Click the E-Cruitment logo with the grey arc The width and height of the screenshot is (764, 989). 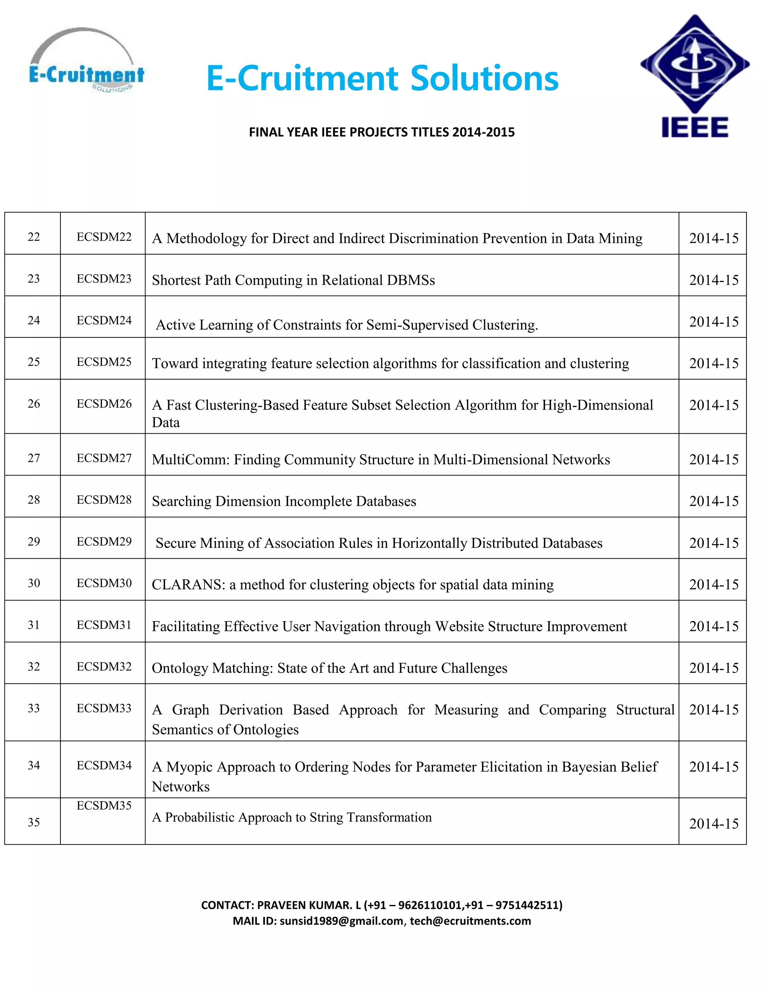(86, 61)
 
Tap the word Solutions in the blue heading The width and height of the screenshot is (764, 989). (484, 78)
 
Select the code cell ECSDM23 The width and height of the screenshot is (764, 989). (104, 278)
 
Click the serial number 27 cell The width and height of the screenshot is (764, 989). (34, 458)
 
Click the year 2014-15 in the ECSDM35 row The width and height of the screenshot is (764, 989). (713, 823)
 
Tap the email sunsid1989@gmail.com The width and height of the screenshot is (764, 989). (341, 921)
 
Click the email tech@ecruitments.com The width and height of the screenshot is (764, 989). (470, 921)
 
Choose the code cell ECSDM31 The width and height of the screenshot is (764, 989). (104, 625)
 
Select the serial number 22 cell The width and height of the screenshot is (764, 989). (34, 237)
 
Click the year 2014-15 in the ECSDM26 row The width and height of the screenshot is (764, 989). (713, 405)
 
